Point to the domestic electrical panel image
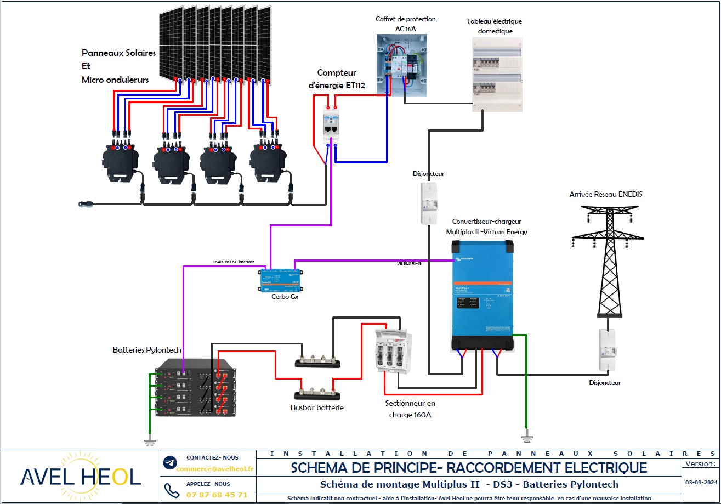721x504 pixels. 497,74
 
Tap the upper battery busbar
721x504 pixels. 317,361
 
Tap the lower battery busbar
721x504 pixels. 316,394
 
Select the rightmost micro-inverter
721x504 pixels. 268,161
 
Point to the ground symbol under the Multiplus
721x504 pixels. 526,437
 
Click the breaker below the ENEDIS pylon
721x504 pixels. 606,351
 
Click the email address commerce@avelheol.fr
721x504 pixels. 215,469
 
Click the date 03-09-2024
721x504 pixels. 701,483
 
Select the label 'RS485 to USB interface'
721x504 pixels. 234,262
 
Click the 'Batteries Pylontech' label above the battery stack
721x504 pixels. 146,349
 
